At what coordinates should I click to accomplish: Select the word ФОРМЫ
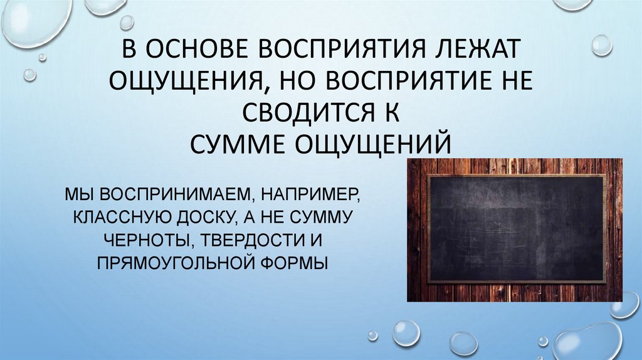[297, 262]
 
